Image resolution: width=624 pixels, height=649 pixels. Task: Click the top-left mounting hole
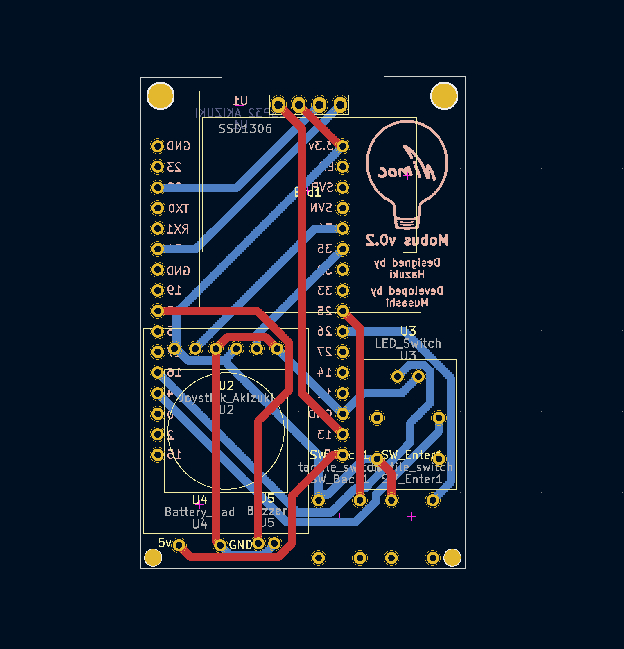(161, 96)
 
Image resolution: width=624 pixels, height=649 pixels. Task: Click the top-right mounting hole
(444, 96)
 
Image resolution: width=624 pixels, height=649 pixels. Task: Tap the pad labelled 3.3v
(342, 146)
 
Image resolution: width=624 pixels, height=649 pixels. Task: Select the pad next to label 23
(158, 167)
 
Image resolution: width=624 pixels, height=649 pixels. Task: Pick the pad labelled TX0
(158, 208)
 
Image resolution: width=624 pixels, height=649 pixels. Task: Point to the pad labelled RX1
(158, 229)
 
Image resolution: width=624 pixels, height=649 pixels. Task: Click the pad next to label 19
(158, 290)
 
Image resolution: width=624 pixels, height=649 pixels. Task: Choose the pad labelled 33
(342, 290)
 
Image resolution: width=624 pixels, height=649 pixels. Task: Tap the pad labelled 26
(342, 331)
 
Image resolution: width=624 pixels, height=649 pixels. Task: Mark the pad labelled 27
(342, 352)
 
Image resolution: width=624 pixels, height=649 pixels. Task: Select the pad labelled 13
(342, 434)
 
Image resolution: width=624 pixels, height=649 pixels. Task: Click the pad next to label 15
(158, 454)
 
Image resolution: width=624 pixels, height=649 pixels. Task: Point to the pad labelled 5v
(179, 545)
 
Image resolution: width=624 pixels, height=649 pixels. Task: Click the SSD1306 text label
(245, 129)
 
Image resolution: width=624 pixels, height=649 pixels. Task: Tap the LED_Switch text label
(408, 343)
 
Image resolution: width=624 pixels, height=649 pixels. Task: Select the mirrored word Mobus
(426, 241)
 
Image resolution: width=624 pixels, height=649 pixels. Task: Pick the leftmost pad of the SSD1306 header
(278, 105)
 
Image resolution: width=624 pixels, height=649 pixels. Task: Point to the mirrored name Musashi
(407, 303)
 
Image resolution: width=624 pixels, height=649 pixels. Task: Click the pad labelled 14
(342, 372)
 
